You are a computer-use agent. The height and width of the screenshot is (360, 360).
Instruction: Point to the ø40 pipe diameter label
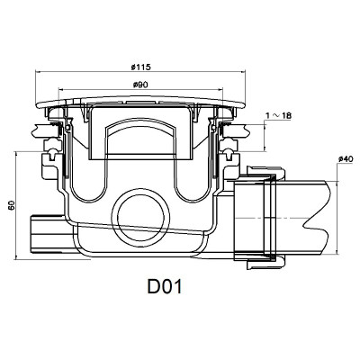coord(343,159)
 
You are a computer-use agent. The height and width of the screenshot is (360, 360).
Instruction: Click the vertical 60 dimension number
coord(10,204)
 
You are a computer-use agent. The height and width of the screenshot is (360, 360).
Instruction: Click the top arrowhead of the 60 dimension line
coord(19,153)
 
